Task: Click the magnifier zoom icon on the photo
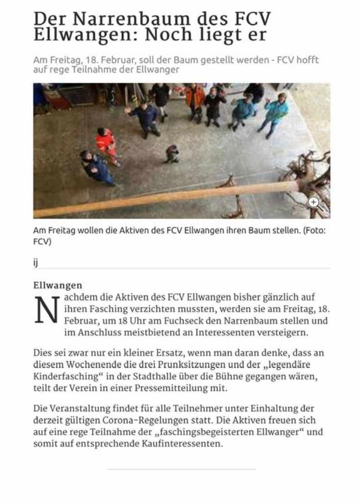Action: coord(314,203)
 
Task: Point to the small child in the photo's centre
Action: coord(172,154)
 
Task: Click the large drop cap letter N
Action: coord(47,309)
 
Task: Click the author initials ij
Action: coord(36,261)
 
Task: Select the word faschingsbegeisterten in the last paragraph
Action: coord(227,432)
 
